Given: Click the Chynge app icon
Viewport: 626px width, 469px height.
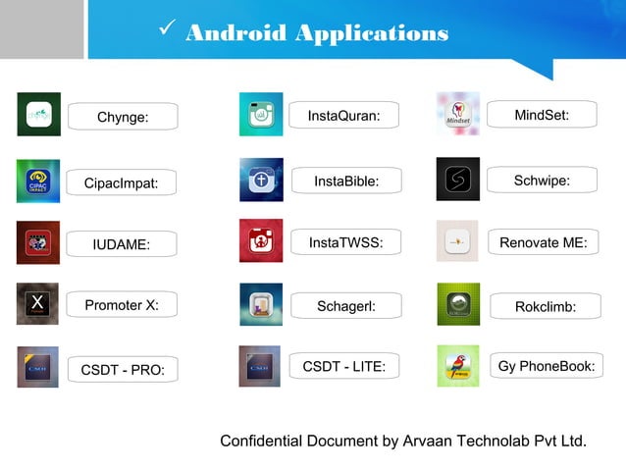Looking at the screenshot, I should click(x=38, y=114).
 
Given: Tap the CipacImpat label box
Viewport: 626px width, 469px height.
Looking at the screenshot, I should click(x=122, y=182).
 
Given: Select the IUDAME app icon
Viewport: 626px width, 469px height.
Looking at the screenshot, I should click(x=38, y=242).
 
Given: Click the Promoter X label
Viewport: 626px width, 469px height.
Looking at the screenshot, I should click(x=122, y=305).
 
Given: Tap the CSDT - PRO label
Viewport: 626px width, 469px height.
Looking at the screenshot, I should click(x=123, y=370).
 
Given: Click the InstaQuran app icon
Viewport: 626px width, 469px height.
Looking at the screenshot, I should click(x=261, y=114).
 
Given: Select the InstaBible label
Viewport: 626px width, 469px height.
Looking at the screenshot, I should click(x=345, y=182).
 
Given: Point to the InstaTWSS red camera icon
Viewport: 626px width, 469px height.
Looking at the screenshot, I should click(x=261, y=240).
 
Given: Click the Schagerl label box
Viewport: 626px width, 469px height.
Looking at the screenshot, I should click(x=345, y=306).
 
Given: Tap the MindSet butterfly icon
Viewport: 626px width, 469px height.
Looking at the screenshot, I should click(x=458, y=114).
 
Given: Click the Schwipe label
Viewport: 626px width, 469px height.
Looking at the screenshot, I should click(x=542, y=181).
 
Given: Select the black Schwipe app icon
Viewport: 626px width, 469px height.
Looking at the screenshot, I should click(x=458, y=179).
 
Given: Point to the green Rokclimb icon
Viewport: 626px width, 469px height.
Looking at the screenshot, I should click(x=458, y=304).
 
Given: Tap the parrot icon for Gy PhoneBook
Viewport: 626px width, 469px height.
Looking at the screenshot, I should click(x=458, y=366).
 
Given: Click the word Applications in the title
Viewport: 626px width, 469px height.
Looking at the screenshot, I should click(x=372, y=34).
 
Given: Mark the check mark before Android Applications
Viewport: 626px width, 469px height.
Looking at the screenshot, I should click(x=166, y=31).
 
